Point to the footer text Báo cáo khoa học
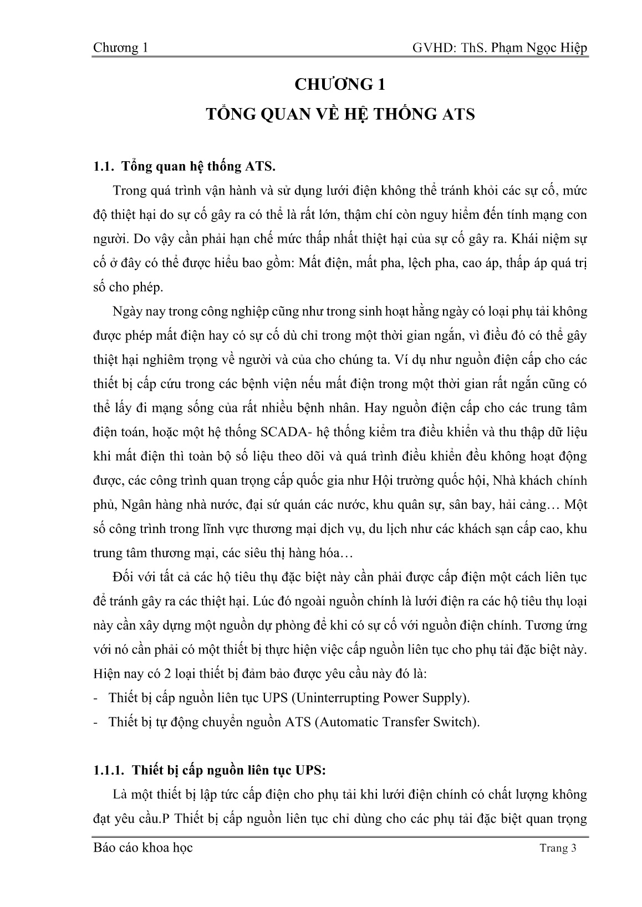143,847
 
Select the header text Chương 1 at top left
120,48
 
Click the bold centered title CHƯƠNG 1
340,85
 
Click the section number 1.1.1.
109,770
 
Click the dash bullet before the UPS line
96,698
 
